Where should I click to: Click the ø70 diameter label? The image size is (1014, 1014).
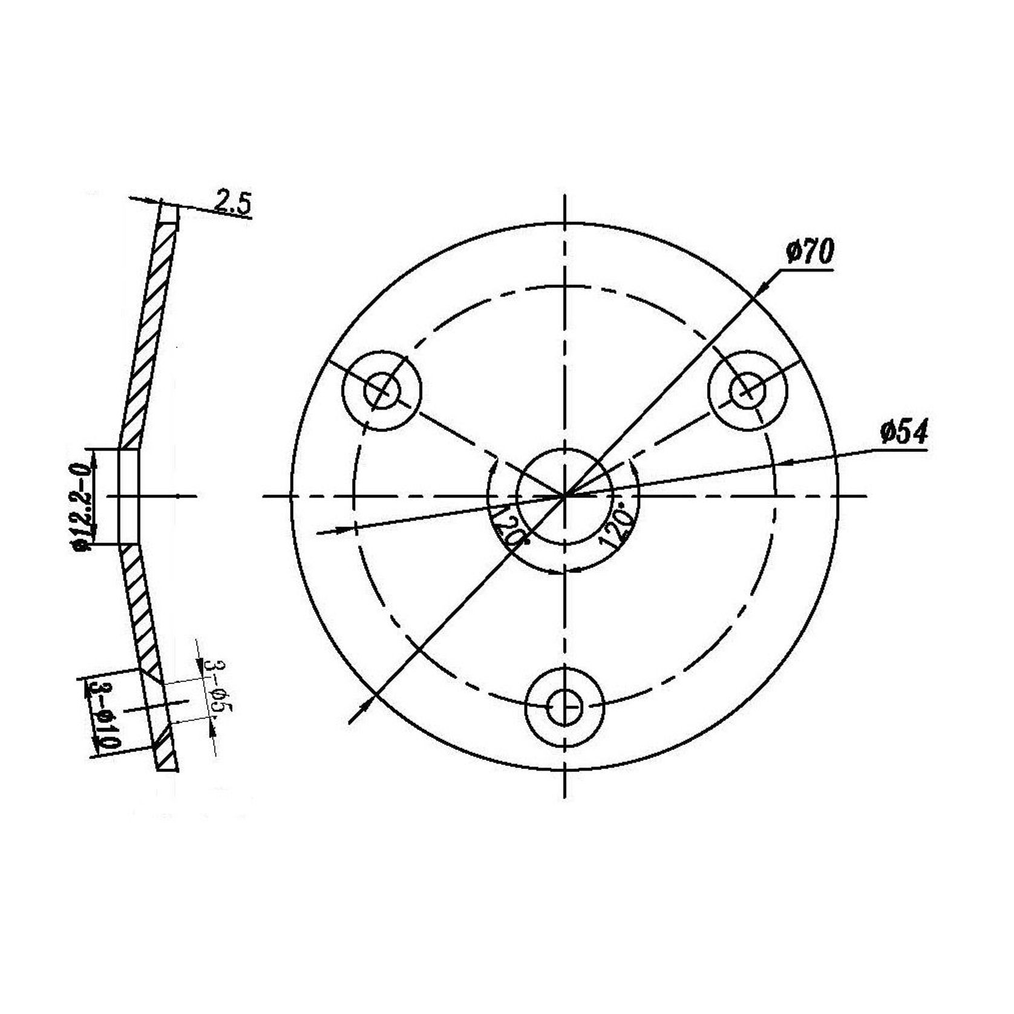[810, 252]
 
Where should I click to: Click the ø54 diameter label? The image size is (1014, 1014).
[903, 433]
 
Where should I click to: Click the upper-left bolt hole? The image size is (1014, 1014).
[382, 391]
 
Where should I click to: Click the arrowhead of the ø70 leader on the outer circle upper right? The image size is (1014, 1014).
[763, 289]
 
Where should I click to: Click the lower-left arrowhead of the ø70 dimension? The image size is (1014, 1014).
[365, 705]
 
